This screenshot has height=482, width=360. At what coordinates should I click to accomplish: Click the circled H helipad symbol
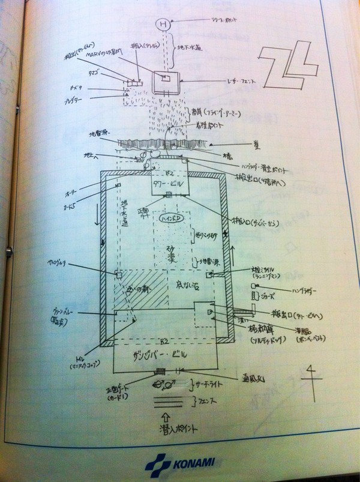163,25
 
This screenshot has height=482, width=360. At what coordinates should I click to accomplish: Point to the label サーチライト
208,382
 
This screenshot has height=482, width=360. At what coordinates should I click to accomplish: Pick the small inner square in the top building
167,79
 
